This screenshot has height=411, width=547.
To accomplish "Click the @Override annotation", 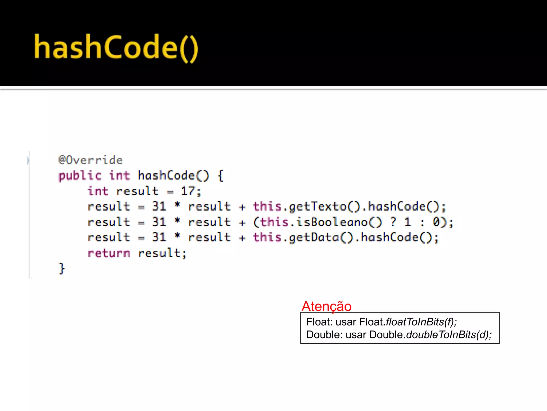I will (91, 160).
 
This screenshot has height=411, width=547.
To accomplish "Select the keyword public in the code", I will (80, 176).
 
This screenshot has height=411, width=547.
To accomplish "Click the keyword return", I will (109, 253).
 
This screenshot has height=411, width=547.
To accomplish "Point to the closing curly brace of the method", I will (61, 268).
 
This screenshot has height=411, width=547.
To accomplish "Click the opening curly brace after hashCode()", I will (221, 176).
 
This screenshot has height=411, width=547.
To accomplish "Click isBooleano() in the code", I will (339, 222).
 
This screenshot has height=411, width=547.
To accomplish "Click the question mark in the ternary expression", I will (393, 222).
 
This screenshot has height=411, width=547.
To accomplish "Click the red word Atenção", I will (326, 306).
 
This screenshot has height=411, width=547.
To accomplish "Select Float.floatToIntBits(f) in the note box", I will (408, 322).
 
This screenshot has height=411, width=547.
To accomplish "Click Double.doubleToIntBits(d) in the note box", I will (430, 335).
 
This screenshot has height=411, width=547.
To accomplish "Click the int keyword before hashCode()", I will (119, 176).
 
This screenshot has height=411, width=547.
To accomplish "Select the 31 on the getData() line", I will (159, 238).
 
